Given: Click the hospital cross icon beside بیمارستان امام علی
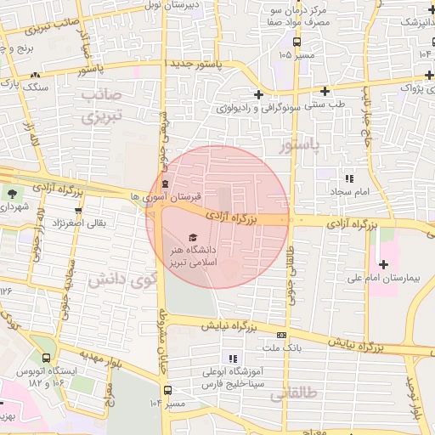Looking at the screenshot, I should (383, 264).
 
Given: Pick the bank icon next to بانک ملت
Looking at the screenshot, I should (282, 335).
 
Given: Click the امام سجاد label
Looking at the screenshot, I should (348, 193).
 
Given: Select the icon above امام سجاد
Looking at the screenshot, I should (348, 178).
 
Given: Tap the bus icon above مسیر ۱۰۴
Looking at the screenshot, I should (167, 391).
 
